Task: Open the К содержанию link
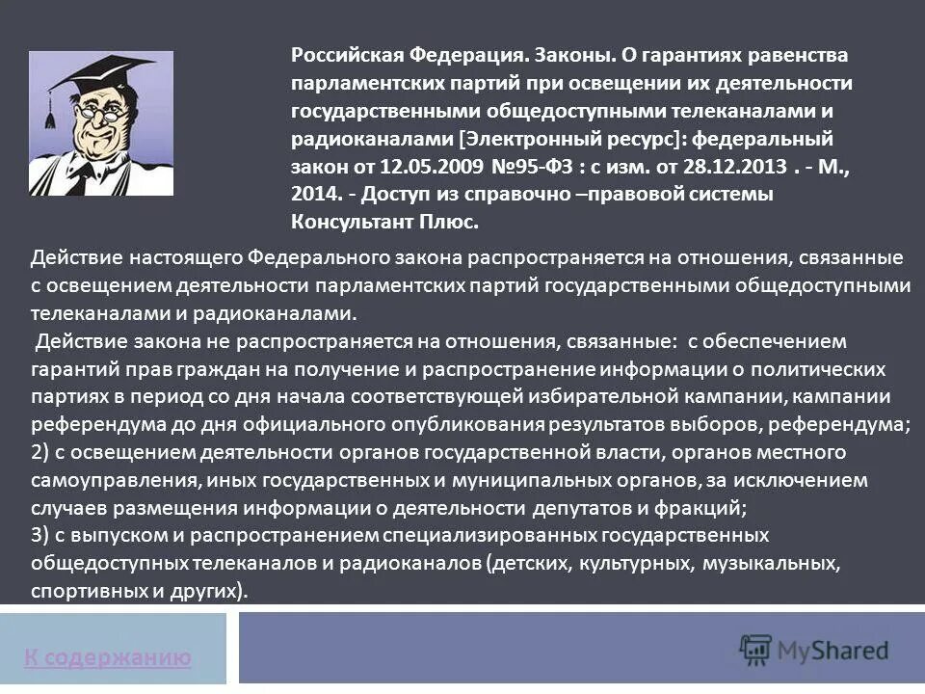pyautogui.click(x=108, y=658)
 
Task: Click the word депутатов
pyautogui.click(x=606, y=507)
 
